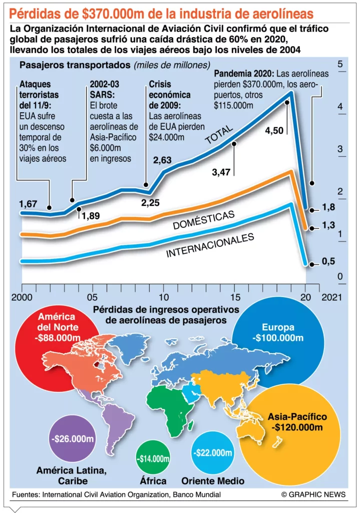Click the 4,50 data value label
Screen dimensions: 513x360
click(274, 131)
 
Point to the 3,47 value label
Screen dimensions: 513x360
click(221, 172)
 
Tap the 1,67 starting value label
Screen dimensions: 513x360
click(29, 204)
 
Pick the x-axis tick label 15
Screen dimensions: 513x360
click(234, 297)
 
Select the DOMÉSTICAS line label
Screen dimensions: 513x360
click(203, 220)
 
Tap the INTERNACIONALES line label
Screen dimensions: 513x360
click(210, 245)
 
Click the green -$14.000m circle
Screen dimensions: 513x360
click(153, 458)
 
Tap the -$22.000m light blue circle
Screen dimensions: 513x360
click(212, 453)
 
